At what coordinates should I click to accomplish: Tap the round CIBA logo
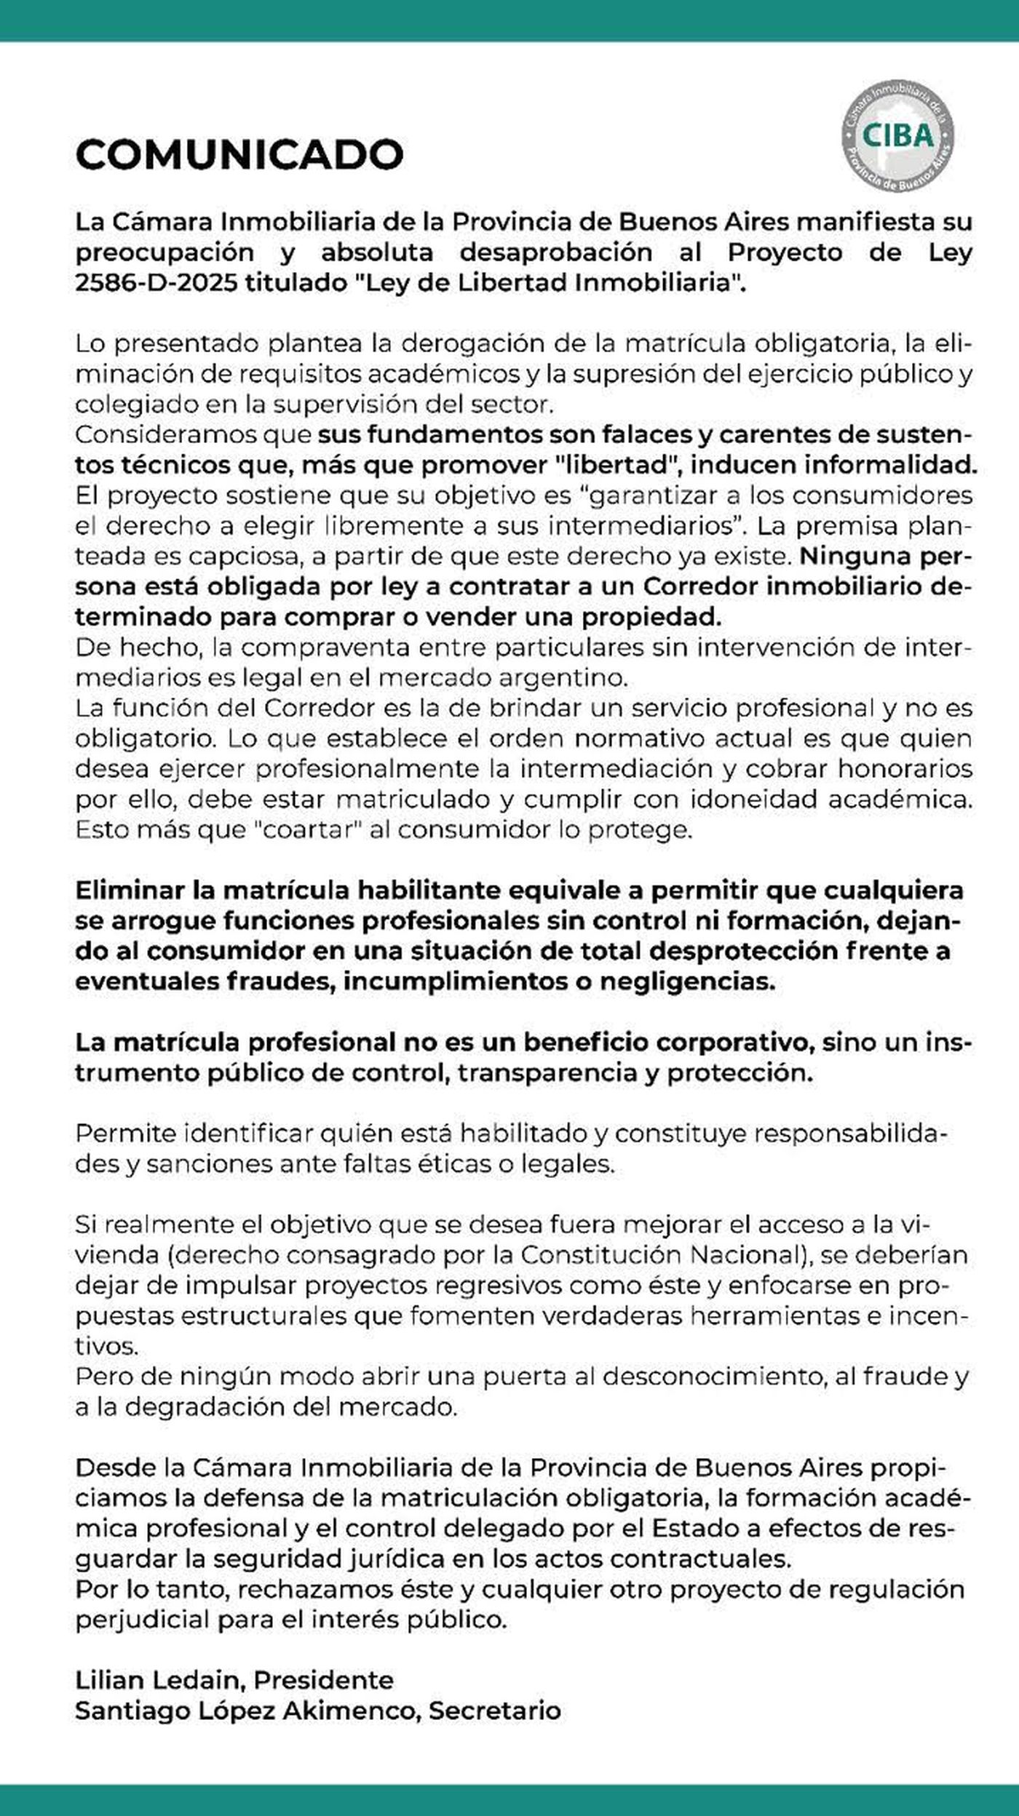pos(897,136)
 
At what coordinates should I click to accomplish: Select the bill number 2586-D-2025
pos(156,282)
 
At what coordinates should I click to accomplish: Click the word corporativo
pos(734,1043)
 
